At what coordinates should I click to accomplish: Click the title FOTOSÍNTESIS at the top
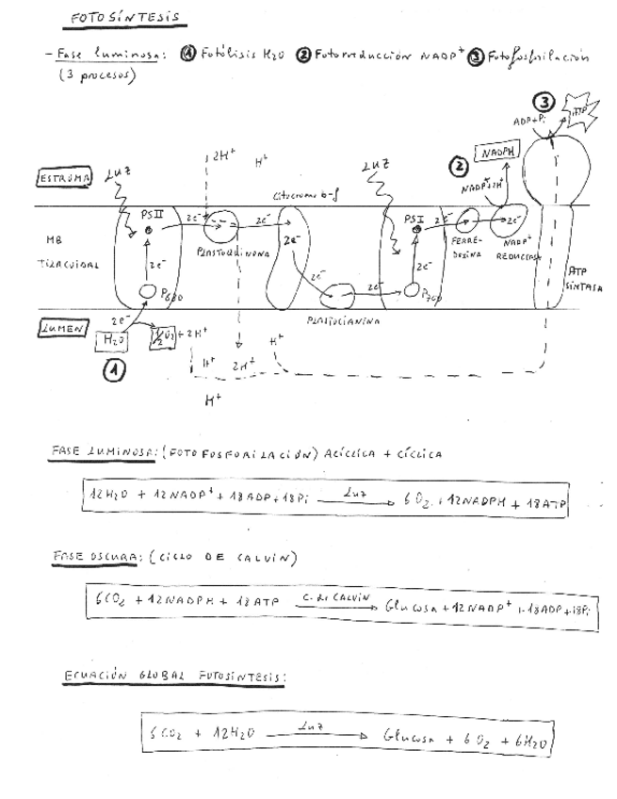click(x=125, y=19)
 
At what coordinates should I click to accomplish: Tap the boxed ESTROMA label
click(x=64, y=177)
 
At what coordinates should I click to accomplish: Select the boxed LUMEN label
click(x=62, y=329)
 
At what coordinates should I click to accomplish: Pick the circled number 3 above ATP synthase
click(x=544, y=102)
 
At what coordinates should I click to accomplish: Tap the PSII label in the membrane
click(x=153, y=216)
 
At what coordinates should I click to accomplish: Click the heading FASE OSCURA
click(x=81, y=558)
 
